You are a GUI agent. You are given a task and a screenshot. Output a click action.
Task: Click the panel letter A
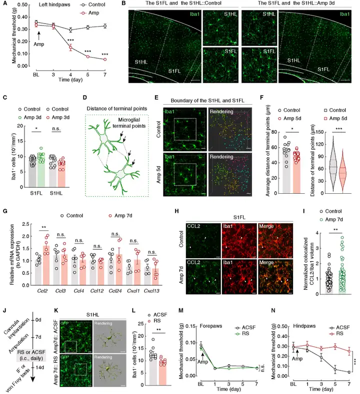4,5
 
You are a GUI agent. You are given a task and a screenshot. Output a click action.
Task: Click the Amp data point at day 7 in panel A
104,59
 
